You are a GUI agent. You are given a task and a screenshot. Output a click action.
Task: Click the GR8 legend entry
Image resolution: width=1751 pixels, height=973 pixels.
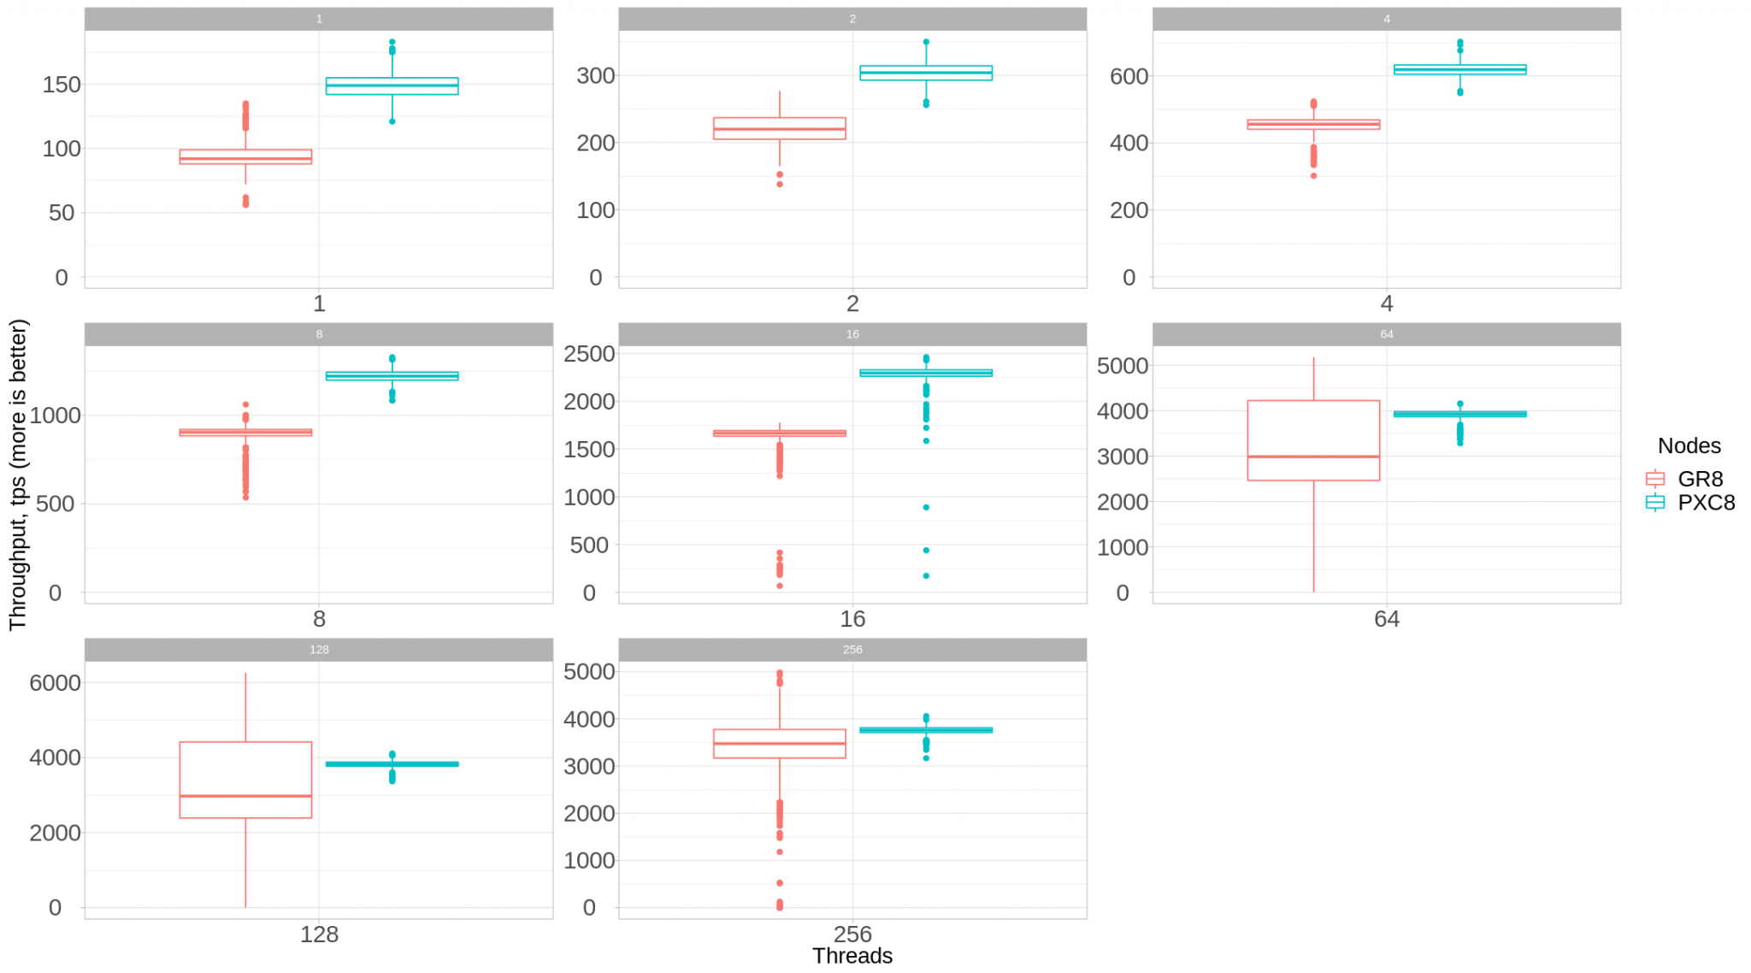click(1698, 479)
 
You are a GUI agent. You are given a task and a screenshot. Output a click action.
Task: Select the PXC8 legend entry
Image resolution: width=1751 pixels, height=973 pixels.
click(1705, 503)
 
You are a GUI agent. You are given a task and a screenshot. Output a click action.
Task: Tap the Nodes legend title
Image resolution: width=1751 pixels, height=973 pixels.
click(1689, 445)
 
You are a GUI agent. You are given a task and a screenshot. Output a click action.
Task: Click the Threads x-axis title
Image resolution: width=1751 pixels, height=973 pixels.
click(852, 956)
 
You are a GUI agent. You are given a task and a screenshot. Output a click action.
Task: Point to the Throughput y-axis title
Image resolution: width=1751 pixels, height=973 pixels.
click(18, 475)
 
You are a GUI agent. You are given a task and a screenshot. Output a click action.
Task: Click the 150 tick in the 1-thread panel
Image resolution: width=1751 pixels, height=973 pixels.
click(62, 85)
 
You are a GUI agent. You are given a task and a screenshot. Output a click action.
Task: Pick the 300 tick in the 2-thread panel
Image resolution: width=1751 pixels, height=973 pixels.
click(595, 75)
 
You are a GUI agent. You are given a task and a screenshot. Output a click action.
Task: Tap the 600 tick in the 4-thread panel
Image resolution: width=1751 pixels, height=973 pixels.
click(1129, 76)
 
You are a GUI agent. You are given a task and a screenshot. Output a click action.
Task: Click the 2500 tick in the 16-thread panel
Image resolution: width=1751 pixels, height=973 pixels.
click(589, 353)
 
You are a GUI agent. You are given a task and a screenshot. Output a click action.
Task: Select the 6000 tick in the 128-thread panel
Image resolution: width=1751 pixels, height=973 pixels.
click(55, 682)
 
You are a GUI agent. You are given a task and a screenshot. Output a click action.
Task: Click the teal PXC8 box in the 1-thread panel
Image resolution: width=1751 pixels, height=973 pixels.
click(392, 86)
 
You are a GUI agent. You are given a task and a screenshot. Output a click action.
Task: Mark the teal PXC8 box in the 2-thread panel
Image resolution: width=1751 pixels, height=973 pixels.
click(926, 73)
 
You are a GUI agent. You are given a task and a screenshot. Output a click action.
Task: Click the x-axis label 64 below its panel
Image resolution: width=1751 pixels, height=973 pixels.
click(1386, 619)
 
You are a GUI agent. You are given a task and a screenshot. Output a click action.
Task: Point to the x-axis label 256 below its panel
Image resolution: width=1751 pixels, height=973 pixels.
click(852, 933)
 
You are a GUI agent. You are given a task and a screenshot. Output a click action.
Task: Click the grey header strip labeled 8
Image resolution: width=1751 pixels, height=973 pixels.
click(319, 334)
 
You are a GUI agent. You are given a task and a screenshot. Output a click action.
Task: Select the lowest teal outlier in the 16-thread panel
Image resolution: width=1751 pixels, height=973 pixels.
click(926, 575)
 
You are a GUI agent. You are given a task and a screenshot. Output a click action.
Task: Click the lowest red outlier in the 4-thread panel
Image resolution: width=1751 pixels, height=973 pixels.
click(1313, 175)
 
